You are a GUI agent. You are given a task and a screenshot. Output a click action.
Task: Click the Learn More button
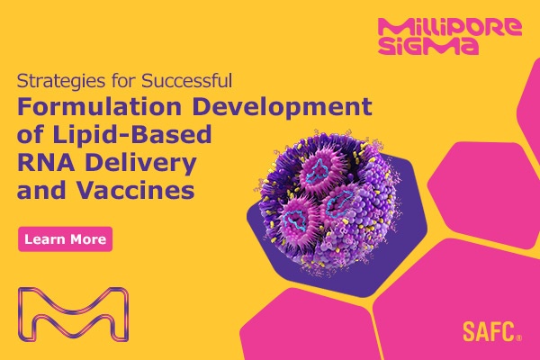coord(66,239)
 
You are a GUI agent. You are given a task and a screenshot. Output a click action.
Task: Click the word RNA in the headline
coord(44,165)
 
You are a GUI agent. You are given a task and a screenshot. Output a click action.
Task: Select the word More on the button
coord(88,239)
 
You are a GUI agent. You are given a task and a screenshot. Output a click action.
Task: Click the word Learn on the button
coord(46,239)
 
